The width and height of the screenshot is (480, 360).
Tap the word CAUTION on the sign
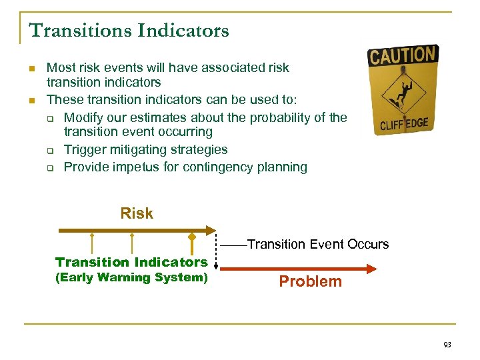pyautogui.click(x=403, y=55)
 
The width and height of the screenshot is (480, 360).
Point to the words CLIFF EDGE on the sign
pyautogui.click(x=404, y=123)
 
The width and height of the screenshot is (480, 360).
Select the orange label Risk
pyautogui.click(x=137, y=213)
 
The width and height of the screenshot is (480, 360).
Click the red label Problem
pyautogui.click(x=310, y=281)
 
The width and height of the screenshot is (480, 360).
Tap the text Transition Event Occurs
pyautogui.click(x=317, y=244)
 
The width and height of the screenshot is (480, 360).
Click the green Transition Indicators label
pyautogui.click(x=131, y=262)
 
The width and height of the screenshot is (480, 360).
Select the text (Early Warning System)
pyautogui.click(x=131, y=277)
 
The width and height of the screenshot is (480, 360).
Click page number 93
pyautogui.click(x=447, y=345)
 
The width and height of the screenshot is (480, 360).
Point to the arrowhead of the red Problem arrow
pyautogui.click(x=371, y=269)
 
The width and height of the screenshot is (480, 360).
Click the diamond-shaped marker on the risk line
pyautogui.click(x=192, y=236)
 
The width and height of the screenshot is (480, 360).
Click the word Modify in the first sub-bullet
pyautogui.click(x=84, y=117)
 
